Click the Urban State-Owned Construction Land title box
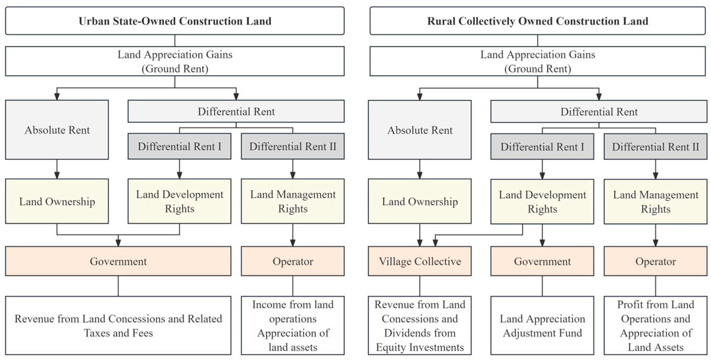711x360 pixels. (x=175, y=21)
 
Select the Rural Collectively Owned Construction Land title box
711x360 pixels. (x=538, y=21)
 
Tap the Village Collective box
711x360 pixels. (x=419, y=261)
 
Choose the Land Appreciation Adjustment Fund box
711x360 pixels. (x=542, y=325)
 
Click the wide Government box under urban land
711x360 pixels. (x=118, y=261)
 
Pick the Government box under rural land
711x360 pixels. (x=542, y=261)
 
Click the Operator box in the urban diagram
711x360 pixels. (x=293, y=261)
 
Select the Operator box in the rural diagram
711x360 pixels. (x=656, y=261)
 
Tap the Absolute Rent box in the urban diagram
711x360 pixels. (x=57, y=130)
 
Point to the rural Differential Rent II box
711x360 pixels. (x=656, y=147)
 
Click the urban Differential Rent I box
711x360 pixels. (x=179, y=146)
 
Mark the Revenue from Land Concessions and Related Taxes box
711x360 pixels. (x=118, y=325)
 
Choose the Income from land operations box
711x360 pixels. (x=293, y=325)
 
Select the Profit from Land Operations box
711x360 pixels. (x=656, y=325)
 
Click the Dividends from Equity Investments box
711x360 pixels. (x=419, y=325)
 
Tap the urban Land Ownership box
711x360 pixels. (x=57, y=201)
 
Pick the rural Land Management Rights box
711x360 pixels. (x=656, y=202)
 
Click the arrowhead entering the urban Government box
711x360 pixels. (x=118, y=243)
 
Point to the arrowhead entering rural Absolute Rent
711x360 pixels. (x=419, y=97)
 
